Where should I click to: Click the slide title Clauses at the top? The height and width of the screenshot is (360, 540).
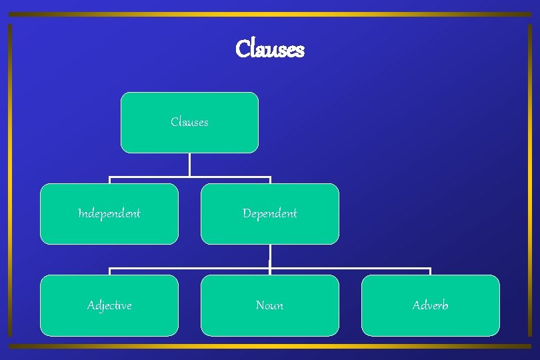[270, 49]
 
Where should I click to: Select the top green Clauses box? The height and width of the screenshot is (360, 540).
[189, 123]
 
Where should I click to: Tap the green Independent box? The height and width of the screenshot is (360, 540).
[109, 214]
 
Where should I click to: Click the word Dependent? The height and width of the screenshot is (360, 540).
[270, 214]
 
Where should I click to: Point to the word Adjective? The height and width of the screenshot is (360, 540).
[109, 305]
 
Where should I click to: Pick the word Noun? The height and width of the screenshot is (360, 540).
[270, 305]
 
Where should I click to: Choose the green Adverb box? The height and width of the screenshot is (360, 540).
[430, 305]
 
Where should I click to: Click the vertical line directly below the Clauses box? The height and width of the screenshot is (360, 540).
[189, 165]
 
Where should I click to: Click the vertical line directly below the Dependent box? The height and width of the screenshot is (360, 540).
[270, 257]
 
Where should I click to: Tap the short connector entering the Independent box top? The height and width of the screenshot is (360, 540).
[109, 181]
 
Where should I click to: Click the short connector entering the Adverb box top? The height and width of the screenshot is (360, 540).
[430, 272]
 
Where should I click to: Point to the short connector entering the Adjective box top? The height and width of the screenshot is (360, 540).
[109, 272]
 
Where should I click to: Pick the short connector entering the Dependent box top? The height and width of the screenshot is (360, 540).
[270, 181]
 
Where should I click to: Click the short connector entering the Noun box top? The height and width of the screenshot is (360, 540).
[270, 273]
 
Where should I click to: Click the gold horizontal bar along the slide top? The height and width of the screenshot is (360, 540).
[270, 14]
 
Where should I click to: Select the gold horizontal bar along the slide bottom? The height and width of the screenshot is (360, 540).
[270, 346]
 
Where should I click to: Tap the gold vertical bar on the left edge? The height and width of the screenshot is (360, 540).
[10, 180]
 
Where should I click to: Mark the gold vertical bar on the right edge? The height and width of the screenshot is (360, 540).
[531, 180]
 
